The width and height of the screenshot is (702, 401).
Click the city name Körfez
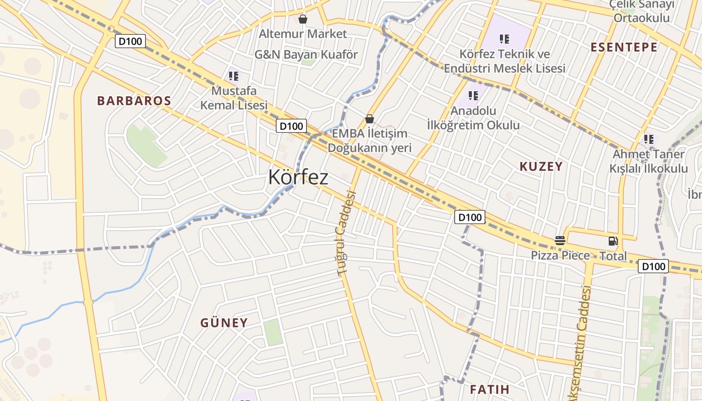click(298, 177)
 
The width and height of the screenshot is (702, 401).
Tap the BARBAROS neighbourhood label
click(134, 101)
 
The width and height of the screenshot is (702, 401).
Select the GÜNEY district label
click(224, 323)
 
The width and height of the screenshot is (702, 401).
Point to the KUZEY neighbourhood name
click(541, 167)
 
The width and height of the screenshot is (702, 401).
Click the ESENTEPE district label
click(624, 48)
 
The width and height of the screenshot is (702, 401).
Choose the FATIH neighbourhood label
click(489, 389)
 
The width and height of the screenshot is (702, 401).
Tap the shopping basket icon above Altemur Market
click(303, 20)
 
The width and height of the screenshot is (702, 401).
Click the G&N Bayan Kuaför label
click(306, 55)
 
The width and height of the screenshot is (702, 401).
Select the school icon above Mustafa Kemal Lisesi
click(234, 76)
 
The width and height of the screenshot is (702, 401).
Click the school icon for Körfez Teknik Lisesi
click(504, 39)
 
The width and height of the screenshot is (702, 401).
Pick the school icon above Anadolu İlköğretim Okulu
click(473, 95)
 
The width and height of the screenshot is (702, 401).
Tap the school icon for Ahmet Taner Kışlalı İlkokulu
click(649, 139)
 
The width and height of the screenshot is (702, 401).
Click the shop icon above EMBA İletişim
click(370, 119)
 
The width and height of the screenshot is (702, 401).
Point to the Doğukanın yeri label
click(370, 148)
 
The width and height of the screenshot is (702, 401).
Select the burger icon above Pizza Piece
click(560, 241)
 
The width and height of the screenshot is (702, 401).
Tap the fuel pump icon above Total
click(613, 241)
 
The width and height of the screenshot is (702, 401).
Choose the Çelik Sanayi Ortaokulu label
click(642, 11)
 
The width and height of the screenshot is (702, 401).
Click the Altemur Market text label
click(303, 34)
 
